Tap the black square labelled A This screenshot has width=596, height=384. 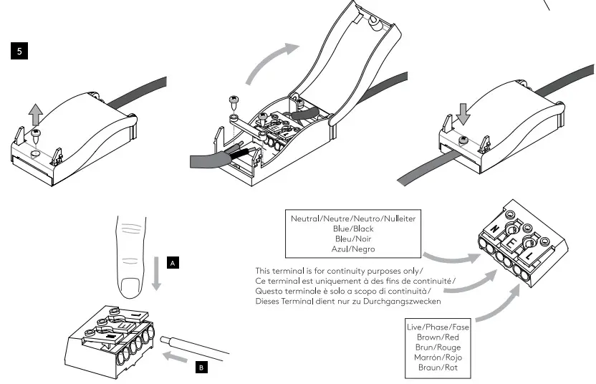point(173,263)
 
